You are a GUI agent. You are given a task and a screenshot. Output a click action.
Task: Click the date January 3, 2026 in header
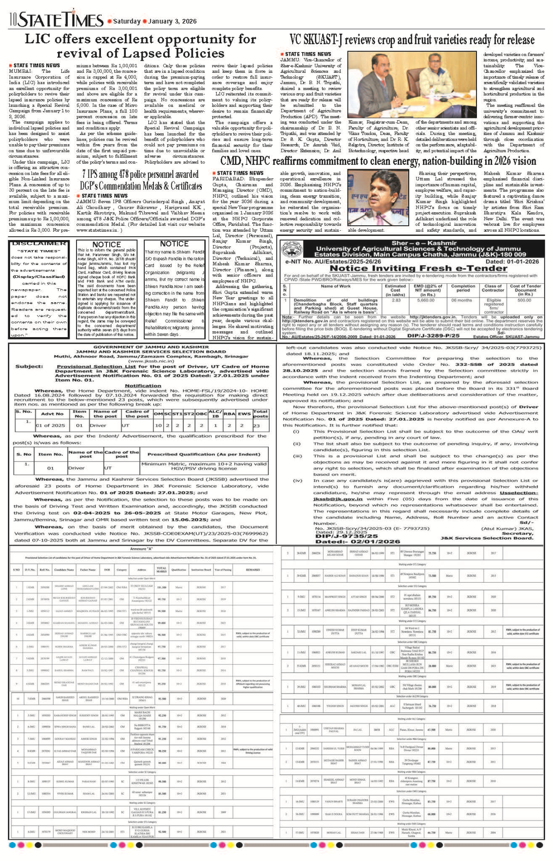(172, 21)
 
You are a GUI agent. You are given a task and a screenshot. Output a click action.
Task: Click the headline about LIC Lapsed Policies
(141, 46)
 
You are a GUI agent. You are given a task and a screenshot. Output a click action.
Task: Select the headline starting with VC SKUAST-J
(412, 40)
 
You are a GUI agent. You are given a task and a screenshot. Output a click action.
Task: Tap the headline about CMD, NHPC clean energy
(378, 161)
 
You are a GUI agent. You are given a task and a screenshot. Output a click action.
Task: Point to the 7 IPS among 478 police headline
(141, 180)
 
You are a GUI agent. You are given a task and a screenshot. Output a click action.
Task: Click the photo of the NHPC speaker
(378, 199)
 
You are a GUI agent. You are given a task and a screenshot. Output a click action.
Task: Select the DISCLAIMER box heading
(39, 243)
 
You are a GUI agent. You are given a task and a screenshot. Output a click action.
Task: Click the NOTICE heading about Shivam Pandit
(174, 244)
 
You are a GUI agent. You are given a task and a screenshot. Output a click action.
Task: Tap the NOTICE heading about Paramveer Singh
(106, 244)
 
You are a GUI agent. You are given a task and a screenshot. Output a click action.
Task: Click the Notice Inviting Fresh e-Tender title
(412, 268)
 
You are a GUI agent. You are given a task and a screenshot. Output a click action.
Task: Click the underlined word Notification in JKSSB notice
(143, 386)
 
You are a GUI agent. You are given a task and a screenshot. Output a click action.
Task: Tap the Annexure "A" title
(141, 549)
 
